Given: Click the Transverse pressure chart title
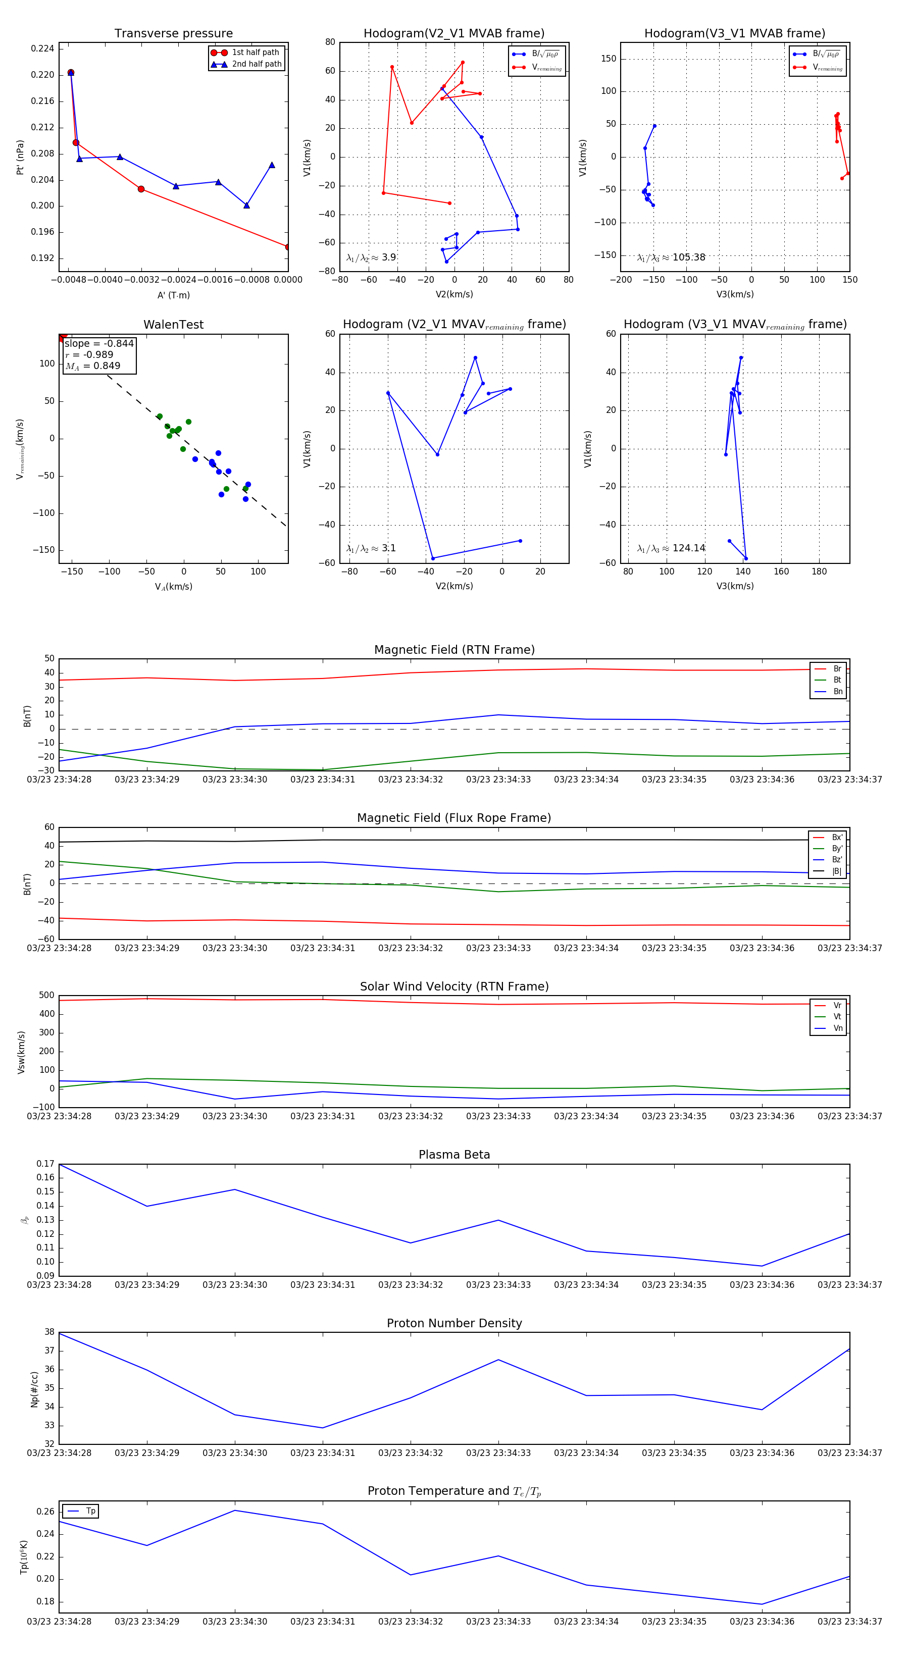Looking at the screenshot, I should (x=173, y=34).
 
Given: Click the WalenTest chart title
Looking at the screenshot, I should (x=173, y=325).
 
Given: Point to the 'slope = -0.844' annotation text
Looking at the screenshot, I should (x=99, y=343).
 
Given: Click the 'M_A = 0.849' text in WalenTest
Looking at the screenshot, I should (x=92, y=366).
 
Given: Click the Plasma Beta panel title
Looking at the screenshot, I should (x=454, y=1155).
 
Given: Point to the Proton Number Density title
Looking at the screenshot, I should (x=454, y=1323).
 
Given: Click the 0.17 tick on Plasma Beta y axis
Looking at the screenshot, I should (x=45, y=1164).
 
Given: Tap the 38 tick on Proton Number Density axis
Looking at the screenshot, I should (x=49, y=1332).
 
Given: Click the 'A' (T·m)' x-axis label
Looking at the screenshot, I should (x=173, y=295).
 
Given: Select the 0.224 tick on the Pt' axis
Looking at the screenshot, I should (x=43, y=48).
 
